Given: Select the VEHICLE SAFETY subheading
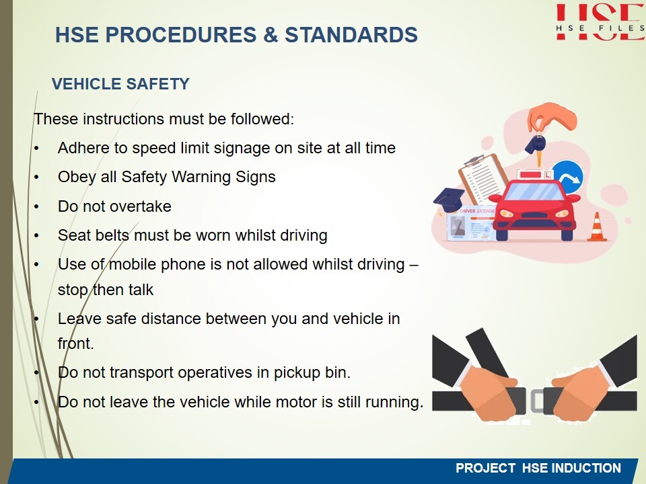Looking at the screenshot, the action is tap(120, 84).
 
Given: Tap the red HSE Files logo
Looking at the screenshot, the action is tap(600, 22).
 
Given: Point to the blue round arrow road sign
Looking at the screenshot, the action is tap(569, 177).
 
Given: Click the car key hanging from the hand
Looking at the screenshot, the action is tap(536, 148).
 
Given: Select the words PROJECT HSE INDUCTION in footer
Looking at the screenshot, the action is tap(538, 468).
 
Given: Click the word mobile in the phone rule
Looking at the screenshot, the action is tap(133, 264).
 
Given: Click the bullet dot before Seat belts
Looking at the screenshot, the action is tap(36, 236).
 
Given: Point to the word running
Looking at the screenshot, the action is tap(394, 403).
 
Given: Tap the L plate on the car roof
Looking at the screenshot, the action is tap(548, 175).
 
